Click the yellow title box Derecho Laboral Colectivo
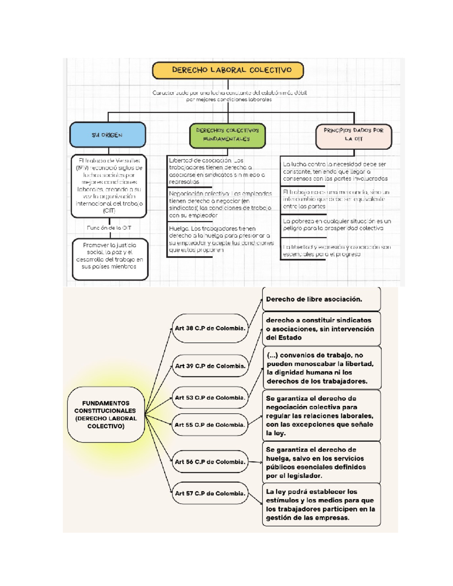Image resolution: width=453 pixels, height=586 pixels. pyautogui.click(x=228, y=70)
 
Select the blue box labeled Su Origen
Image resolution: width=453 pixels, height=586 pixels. pyautogui.click(x=108, y=135)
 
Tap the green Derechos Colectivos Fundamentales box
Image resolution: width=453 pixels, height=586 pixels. pyautogui.click(x=227, y=135)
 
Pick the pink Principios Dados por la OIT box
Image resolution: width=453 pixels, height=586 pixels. pyautogui.click(x=354, y=135)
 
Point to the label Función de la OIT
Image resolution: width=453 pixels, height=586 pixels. pyautogui.click(x=109, y=228)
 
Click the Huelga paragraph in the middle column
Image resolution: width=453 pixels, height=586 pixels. pyautogui.click(x=221, y=239)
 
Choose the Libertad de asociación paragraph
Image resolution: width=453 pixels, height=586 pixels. pyautogui.click(x=217, y=171)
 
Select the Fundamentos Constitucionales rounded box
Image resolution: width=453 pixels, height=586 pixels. pyautogui.click(x=106, y=415)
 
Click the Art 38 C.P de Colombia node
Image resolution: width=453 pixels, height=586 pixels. pyautogui.click(x=210, y=328)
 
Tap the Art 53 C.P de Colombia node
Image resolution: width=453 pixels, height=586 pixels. pyautogui.click(x=210, y=398)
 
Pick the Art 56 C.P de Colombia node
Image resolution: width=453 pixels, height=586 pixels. pyautogui.click(x=210, y=462)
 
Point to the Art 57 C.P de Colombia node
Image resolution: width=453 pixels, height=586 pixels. pyautogui.click(x=210, y=494)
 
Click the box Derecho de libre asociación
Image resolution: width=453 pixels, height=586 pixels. pyautogui.click(x=321, y=299)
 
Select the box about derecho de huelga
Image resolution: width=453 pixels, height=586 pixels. pyautogui.click(x=321, y=463)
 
